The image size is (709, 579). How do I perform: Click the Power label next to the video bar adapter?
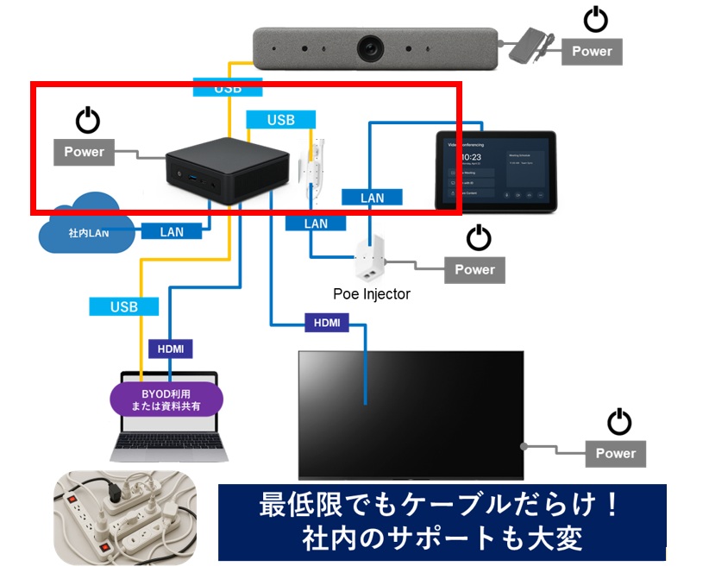click(x=592, y=51)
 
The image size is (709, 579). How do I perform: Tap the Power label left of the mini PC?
click(x=84, y=152)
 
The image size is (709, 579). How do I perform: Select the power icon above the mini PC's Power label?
click(x=88, y=121)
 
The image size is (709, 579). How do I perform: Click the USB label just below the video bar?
click(x=227, y=88)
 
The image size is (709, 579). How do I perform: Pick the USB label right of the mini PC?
click(x=281, y=120)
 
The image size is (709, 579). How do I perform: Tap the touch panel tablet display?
click(x=496, y=171)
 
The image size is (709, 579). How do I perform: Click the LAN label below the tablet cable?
click(x=372, y=198)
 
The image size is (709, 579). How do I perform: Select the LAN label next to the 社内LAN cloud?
click(x=172, y=231)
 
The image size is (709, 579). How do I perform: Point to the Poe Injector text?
click(x=372, y=294)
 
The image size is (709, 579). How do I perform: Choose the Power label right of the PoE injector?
click(x=474, y=269)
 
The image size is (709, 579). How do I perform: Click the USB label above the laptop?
click(x=124, y=306)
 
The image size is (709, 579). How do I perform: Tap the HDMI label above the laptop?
click(x=170, y=349)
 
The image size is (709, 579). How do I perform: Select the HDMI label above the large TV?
click(x=328, y=323)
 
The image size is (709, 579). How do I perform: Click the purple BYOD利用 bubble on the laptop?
click(x=166, y=400)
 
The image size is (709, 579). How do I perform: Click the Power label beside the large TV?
click(x=615, y=453)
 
